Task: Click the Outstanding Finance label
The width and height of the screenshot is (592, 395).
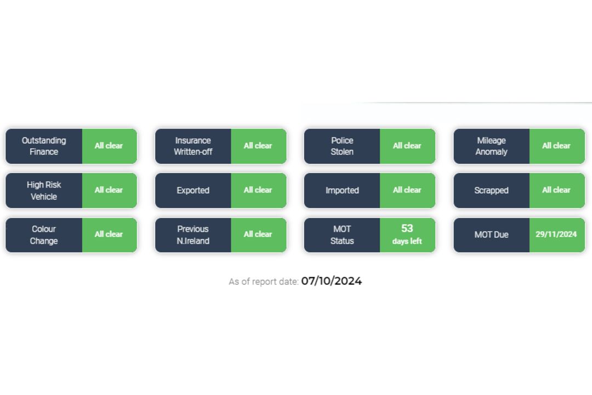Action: coord(44,146)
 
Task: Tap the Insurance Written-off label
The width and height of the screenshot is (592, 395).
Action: coord(193,146)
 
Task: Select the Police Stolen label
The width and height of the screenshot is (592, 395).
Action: coord(342,146)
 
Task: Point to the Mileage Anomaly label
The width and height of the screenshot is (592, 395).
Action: coord(491,146)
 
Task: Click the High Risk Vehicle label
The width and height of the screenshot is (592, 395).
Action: coord(44,190)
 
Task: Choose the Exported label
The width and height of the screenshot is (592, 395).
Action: coord(193,190)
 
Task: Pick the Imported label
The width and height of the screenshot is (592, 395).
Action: coord(342,190)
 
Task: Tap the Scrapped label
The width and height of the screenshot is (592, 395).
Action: coord(491,190)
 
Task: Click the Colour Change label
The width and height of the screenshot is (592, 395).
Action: coord(44,235)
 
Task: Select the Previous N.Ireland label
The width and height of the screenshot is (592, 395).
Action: coord(193,235)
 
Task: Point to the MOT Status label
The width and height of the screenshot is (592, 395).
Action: coord(342,235)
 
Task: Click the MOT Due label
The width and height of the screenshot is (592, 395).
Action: coord(491,234)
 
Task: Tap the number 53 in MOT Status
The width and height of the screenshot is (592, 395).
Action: coord(407,228)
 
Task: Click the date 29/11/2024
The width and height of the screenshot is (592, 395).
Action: coord(556,234)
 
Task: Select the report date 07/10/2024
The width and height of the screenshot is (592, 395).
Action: coord(332,281)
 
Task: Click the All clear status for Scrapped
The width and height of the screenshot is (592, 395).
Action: coord(556,190)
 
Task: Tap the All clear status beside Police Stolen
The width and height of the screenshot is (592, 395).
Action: coord(407,145)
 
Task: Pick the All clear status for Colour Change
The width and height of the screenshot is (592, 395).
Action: coord(109,234)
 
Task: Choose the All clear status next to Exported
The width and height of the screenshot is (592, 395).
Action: coord(258,190)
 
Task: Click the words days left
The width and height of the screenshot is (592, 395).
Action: coord(407,241)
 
